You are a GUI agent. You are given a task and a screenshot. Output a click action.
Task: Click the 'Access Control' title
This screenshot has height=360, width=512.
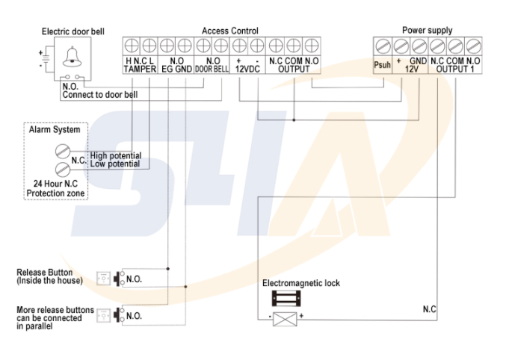click(x=230, y=31)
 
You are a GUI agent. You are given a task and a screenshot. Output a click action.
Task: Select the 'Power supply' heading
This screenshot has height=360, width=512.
click(x=427, y=31)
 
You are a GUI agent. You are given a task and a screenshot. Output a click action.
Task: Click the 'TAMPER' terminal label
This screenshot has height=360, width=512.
click(x=140, y=69)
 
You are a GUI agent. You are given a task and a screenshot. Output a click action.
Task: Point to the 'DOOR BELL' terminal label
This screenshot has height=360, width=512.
click(x=212, y=69)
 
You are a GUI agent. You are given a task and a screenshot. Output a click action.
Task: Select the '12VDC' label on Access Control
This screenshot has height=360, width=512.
click(x=248, y=69)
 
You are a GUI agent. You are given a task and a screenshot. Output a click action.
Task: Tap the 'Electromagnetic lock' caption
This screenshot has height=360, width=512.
click(x=300, y=284)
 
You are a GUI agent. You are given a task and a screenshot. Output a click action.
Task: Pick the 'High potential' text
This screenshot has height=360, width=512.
click(x=114, y=155)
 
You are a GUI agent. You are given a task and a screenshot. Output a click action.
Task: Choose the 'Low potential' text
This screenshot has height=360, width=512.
click(x=114, y=163)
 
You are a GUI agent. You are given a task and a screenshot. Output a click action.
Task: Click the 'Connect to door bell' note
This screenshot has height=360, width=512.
click(x=99, y=95)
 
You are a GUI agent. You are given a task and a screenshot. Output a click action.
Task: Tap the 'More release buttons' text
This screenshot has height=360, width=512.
click(x=55, y=310)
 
